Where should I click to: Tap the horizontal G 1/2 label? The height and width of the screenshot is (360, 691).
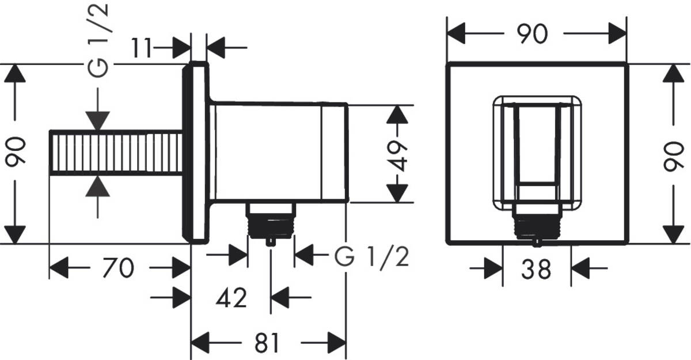coord(372,259)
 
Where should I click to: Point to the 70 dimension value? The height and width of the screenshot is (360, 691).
coord(119,268)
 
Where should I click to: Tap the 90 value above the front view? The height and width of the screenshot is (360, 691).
coord(531,35)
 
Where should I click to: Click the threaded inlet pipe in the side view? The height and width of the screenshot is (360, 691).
coord(116,153)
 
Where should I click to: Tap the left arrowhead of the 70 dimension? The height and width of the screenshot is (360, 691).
coord(58,268)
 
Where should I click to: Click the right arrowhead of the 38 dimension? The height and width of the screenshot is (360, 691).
coord(580,268)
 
